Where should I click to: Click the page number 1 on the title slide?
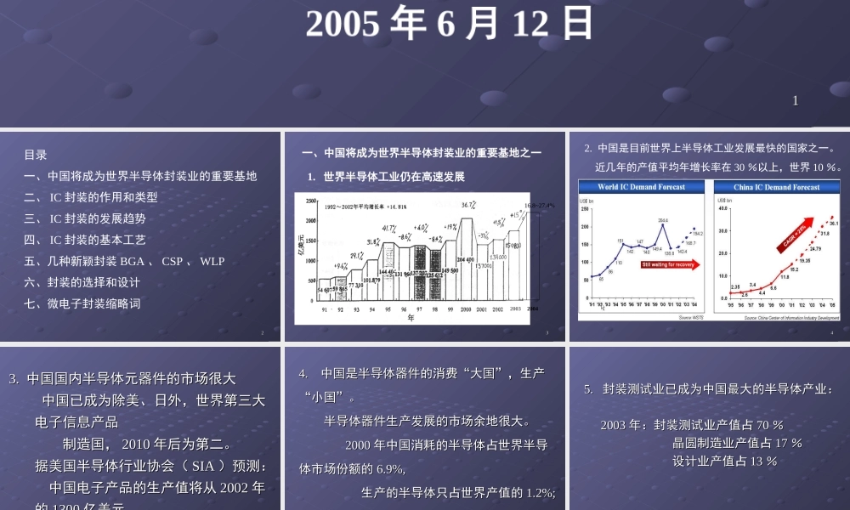(796, 101)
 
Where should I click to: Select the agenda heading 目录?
(36, 155)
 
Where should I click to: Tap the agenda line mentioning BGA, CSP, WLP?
(124, 261)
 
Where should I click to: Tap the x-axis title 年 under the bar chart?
(411, 318)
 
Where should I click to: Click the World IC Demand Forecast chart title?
(643, 187)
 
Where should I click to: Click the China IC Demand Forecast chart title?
(777, 187)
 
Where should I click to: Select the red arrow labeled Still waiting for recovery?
(673, 264)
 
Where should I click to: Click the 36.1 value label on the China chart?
(834, 224)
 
